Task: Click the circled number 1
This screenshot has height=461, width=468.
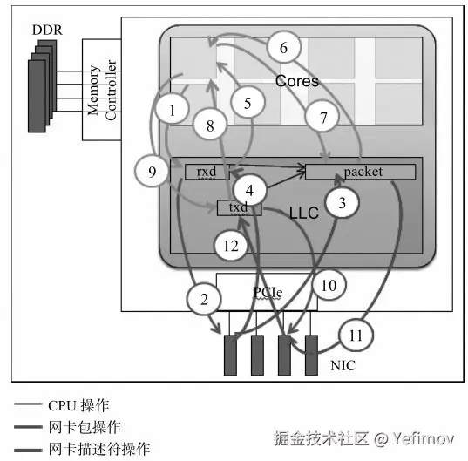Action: (x=172, y=109)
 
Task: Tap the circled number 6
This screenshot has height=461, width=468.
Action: (x=283, y=47)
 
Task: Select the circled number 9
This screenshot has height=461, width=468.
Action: (x=152, y=172)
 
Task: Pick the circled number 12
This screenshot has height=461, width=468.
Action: (x=231, y=246)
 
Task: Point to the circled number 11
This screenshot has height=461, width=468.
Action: (x=356, y=336)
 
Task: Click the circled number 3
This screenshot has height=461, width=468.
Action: (x=342, y=202)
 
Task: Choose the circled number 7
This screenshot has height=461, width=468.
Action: (x=323, y=118)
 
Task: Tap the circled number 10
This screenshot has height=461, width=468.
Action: (x=329, y=286)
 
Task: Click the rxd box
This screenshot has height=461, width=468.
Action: (x=207, y=172)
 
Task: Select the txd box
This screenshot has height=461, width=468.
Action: (x=239, y=207)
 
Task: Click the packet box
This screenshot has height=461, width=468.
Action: (x=360, y=172)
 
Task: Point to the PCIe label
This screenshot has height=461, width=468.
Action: (x=268, y=292)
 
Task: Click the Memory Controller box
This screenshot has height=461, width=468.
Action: (x=102, y=90)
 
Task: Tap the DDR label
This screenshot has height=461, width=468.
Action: (x=47, y=30)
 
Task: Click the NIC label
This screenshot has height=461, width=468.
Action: (x=343, y=365)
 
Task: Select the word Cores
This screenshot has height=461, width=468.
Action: (x=297, y=81)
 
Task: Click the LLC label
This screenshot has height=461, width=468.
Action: (x=304, y=213)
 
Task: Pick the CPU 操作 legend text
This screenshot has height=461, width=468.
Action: (x=78, y=405)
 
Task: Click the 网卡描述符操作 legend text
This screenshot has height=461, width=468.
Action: (x=99, y=449)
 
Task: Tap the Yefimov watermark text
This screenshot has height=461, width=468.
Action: (x=424, y=438)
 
